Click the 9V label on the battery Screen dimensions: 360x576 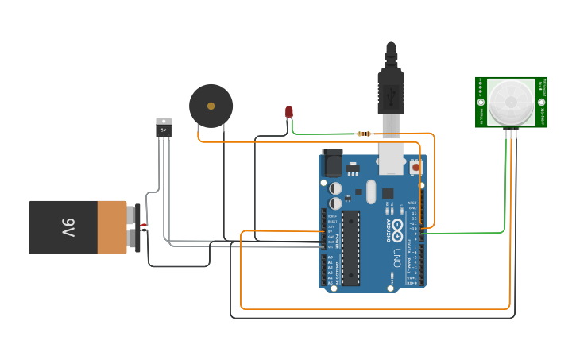68,228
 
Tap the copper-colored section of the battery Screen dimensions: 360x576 112,227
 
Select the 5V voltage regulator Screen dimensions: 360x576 163,126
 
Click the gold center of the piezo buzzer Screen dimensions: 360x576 211,105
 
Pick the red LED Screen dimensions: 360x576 289,112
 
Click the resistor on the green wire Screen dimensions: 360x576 365,134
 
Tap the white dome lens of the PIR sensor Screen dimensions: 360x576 511,101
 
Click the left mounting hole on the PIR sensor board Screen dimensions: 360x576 481,102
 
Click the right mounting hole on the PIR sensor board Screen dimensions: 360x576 541,102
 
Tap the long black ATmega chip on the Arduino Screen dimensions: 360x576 351,247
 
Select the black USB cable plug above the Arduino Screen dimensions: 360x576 391,87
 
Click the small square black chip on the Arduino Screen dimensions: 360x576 388,193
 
